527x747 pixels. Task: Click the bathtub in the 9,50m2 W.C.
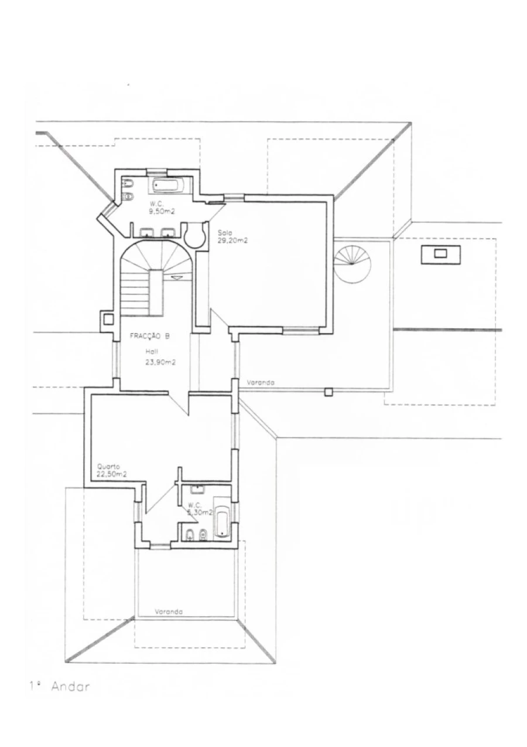[x=167, y=185]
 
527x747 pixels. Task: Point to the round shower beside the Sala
[x=195, y=235]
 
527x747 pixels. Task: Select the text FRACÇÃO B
[x=149, y=337]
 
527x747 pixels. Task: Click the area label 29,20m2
[x=232, y=240]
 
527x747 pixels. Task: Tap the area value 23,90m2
[x=160, y=362]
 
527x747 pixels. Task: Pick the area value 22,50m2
[x=112, y=474]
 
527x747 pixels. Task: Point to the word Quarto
[x=108, y=467]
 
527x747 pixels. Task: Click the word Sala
[x=225, y=232]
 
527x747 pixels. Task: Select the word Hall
[x=152, y=351]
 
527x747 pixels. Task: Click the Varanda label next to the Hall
[x=261, y=382]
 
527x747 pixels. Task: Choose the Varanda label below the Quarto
[x=169, y=612]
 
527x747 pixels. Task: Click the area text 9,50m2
[x=162, y=210]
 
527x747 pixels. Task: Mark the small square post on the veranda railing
[x=329, y=392]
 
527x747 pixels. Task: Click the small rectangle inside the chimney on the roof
[x=440, y=253]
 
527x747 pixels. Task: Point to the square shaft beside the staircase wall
[x=108, y=320]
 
